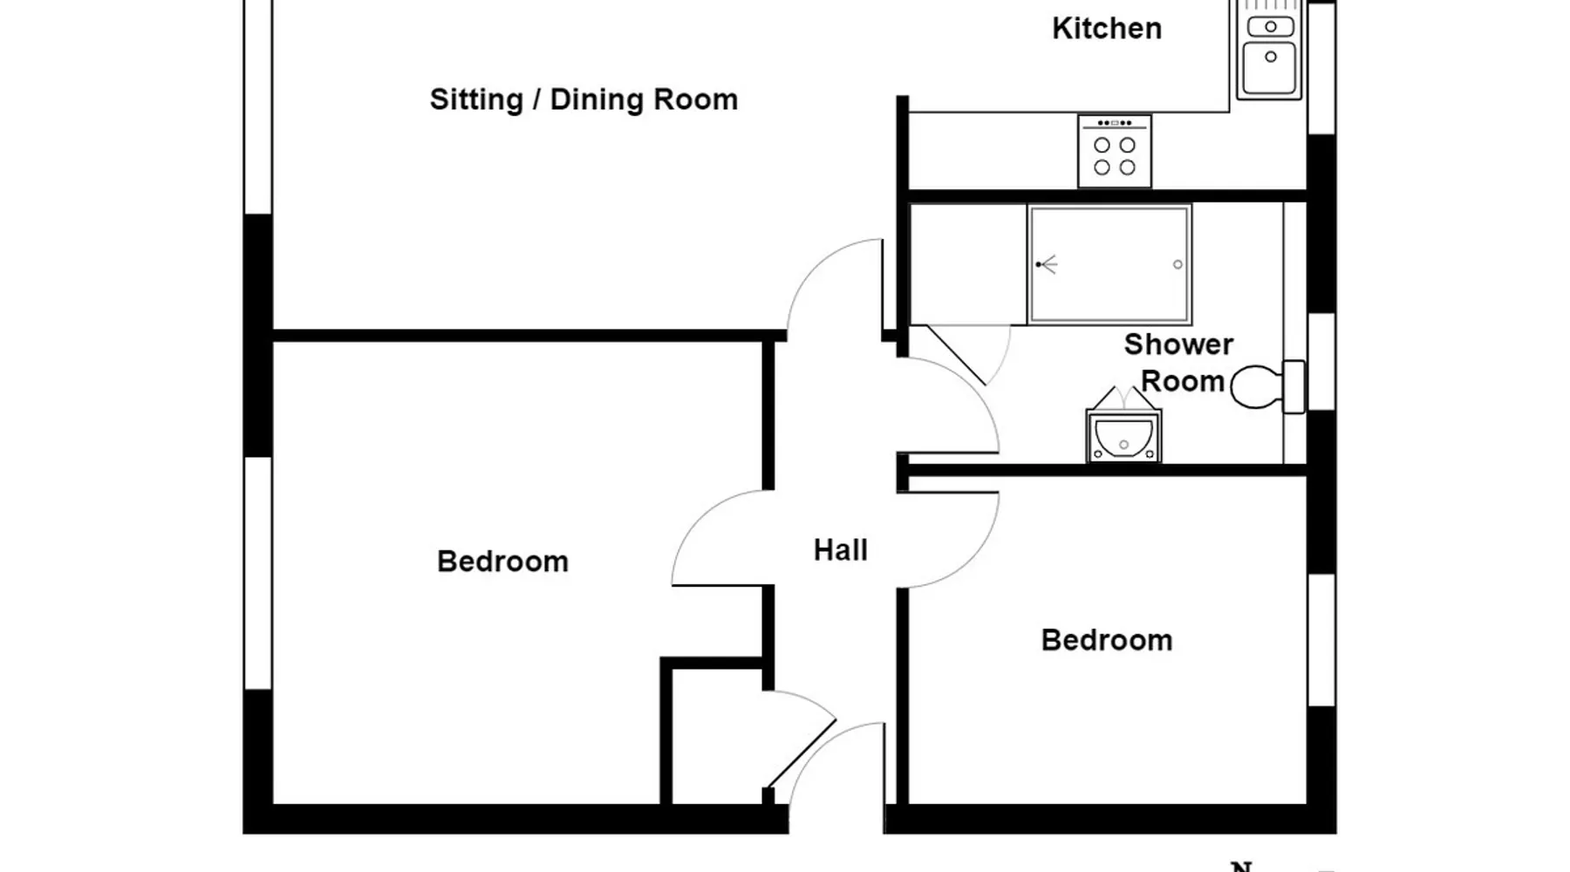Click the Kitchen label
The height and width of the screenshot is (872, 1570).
point(1106,29)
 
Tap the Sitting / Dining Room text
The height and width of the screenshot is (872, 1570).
point(584,99)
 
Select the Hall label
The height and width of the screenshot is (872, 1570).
point(840,550)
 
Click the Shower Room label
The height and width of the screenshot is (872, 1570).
point(1178,363)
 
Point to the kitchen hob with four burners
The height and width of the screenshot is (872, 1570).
point(1115,151)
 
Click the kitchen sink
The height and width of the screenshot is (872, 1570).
point(1269,50)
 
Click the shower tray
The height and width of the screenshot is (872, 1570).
point(1109,264)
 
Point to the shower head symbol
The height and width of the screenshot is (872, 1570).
point(1047,264)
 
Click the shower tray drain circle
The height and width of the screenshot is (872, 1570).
point(1177,264)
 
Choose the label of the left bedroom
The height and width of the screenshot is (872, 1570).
point(502,562)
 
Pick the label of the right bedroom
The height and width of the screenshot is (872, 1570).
point(1106,641)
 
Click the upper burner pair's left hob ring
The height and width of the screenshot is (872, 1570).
point(1102,145)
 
